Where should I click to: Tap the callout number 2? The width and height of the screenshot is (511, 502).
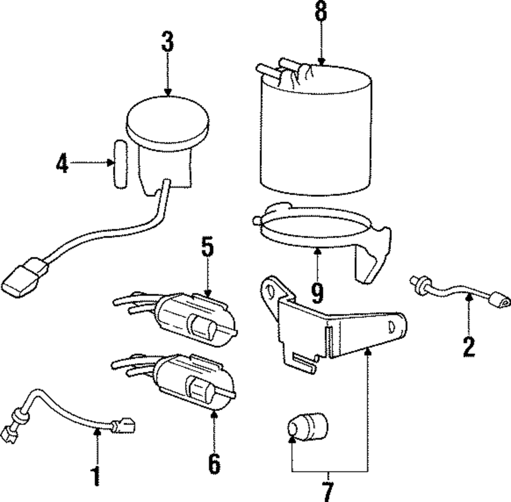pos(469,346)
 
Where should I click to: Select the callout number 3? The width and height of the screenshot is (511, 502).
pos(168,42)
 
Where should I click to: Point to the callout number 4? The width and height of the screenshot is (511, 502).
pos(62,163)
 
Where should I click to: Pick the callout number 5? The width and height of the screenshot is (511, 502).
pos(207,249)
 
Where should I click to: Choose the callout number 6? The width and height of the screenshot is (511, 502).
pos(214,463)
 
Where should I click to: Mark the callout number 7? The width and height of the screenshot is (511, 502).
pos(328,491)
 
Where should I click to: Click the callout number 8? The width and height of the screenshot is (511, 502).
pos(320,12)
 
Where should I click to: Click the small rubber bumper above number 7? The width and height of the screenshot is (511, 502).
pos(307,427)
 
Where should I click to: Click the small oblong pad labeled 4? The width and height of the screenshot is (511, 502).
pos(121,163)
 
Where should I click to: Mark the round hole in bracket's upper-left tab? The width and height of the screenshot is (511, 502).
pos(268,289)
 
